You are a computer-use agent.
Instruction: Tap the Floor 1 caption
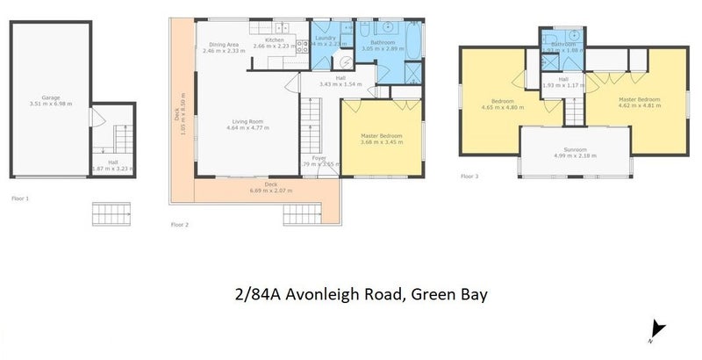pos(19,199)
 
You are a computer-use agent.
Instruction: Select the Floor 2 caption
pos(180,225)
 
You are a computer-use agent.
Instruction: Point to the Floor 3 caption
pos(471,176)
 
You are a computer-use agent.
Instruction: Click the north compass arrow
pos(650,333)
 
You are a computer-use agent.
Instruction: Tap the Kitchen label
pos(275,40)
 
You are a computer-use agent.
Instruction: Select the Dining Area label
pos(224,45)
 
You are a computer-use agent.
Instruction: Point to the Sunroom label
pos(575,149)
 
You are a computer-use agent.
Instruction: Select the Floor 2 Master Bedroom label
pos(382,135)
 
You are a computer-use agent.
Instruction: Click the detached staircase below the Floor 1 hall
pos(111,213)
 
